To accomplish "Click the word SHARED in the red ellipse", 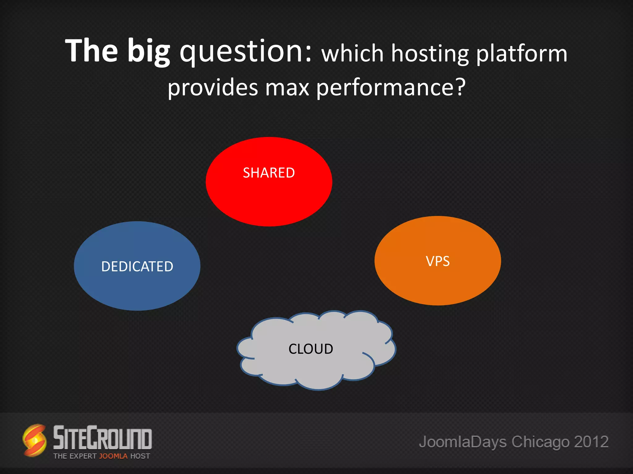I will tap(269, 173).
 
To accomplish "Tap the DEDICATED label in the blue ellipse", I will tap(137, 267).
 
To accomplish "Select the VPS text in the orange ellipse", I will tap(438, 261).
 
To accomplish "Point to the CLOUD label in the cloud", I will tap(311, 349).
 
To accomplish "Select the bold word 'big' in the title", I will tap(149, 51).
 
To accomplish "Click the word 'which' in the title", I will tap(352, 54).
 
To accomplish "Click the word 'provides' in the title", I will tap(213, 88).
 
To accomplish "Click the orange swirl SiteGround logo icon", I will tap(35, 440).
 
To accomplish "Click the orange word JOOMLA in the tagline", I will tap(113, 456).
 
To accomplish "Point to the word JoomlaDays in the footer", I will tap(463, 442).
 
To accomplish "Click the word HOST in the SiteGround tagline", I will tap(140, 456).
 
